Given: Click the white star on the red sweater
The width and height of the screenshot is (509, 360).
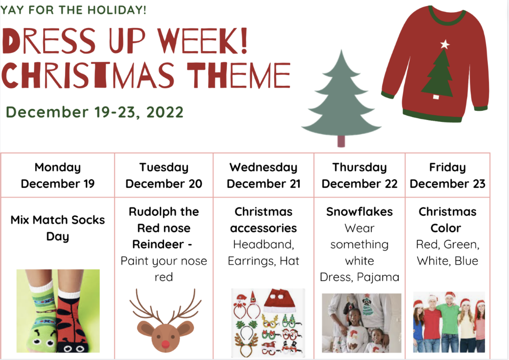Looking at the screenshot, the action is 445,44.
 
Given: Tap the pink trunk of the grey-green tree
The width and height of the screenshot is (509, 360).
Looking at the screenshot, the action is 341,141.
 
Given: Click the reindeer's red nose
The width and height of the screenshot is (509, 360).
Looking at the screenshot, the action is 165,344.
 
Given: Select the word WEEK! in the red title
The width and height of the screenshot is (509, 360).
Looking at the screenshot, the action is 202,41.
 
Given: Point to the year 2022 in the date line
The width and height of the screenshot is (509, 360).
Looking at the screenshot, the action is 165,112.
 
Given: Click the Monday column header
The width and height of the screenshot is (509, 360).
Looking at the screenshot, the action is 58,175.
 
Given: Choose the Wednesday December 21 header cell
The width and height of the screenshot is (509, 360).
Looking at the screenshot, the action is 263,175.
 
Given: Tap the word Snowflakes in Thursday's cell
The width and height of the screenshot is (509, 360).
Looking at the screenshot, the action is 359,212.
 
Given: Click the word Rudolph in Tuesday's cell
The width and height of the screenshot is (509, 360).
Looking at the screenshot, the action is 152,212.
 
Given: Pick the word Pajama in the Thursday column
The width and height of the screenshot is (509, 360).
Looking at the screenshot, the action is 378,277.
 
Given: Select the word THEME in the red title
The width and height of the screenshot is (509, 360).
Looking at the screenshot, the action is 239,75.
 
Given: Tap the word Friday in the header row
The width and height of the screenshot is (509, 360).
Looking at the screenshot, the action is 447,167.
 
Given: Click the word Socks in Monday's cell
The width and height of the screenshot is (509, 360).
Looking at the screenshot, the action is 88,220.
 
